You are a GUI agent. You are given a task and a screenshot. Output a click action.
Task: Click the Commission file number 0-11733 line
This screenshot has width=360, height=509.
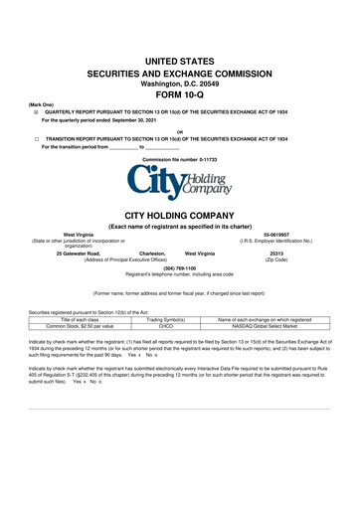(179, 159)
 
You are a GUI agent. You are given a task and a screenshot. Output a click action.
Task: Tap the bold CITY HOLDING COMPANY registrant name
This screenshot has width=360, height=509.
(179, 214)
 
